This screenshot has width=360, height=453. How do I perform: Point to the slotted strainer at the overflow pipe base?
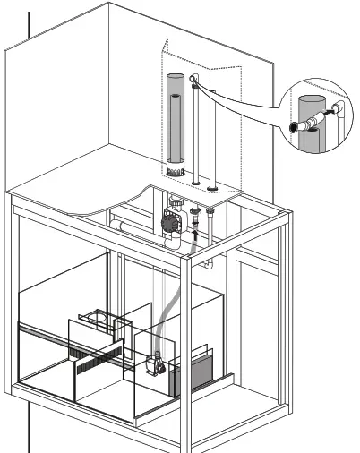point(176,167)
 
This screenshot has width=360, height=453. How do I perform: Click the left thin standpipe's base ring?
point(194,186)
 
